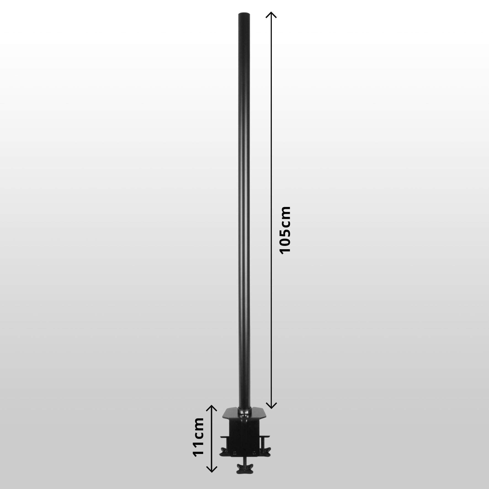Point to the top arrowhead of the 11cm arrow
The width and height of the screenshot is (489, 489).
(211, 407)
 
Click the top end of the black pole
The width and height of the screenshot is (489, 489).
(244, 14)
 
